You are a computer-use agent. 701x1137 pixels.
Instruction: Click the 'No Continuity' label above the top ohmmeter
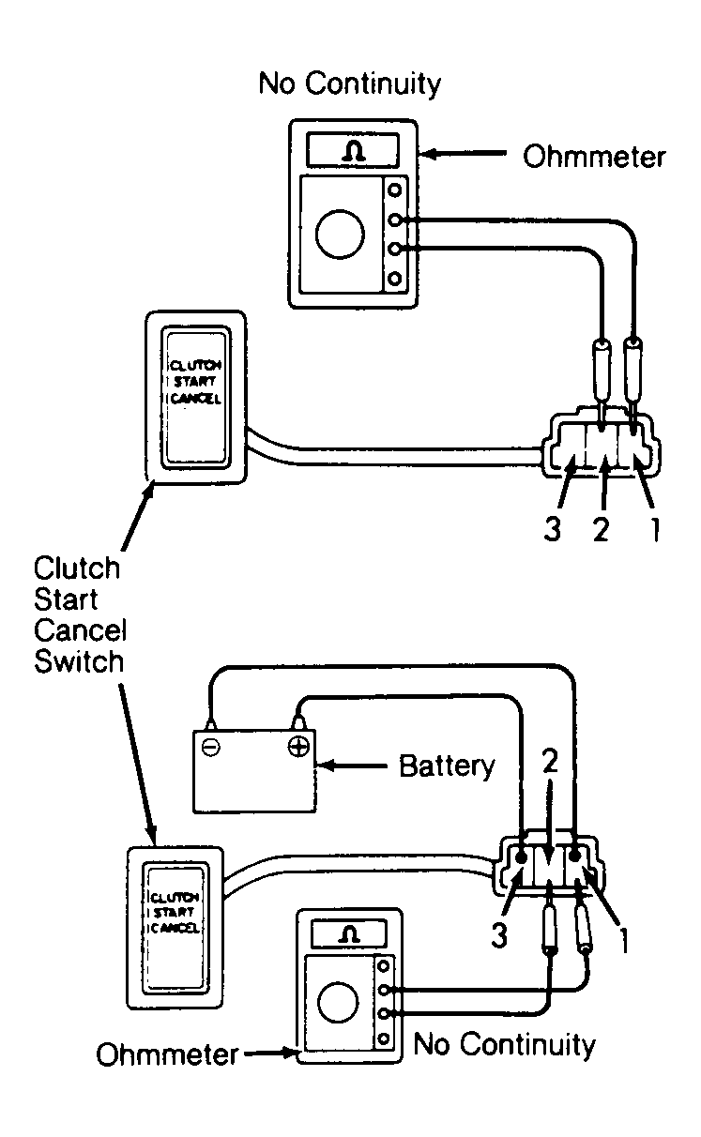pos(350,84)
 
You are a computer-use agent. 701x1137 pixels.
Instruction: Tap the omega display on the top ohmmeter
pos(352,150)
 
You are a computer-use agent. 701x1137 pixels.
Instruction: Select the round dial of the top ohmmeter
pos(340,235)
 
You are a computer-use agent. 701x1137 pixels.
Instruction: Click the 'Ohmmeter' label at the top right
pos(593,157)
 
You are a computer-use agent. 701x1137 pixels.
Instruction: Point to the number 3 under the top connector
pos(552,528)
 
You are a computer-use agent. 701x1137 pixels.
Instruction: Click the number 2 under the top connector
pos(601,528)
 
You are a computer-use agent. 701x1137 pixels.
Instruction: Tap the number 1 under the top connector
pos(655,528)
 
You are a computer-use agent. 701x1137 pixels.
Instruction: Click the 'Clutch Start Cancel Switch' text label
pos(80,614)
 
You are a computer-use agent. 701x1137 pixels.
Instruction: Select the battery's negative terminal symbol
pos(210,747)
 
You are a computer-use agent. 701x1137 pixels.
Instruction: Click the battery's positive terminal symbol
pos(298,747)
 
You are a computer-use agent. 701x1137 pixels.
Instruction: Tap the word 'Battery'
pos(446,766)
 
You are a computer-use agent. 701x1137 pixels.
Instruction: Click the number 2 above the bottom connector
pos(550,760)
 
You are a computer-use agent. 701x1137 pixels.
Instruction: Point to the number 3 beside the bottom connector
pos(499,934)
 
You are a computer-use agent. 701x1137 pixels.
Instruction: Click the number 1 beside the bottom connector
pos(624,941)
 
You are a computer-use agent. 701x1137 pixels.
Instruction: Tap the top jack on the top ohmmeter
pos(394,190)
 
